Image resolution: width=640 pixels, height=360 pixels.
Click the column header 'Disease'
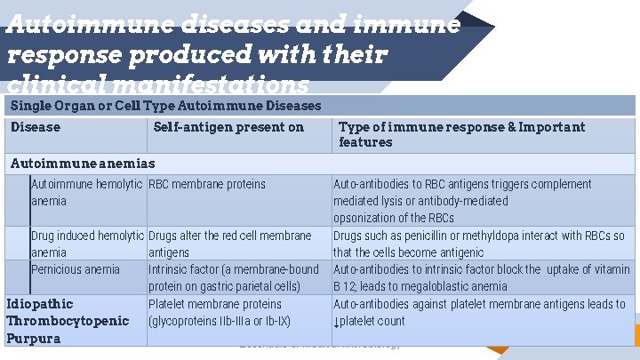point(36,127)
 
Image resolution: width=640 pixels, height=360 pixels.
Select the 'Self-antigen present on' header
point(228,127)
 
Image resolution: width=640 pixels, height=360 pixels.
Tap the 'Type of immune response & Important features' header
point(461,134)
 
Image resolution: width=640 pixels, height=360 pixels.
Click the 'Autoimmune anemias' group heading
point(82,163)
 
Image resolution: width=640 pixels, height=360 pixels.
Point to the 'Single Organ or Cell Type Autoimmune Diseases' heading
point(165,106)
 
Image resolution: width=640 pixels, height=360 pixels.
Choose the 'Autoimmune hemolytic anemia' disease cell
point(86,192)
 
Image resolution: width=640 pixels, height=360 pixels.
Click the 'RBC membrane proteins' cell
point(207,184)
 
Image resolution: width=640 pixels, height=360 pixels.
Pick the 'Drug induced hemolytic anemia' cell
point(87,244)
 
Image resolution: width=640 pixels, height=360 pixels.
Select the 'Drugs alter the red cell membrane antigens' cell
point(229,244)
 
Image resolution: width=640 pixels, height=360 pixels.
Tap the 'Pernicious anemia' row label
point(76,269)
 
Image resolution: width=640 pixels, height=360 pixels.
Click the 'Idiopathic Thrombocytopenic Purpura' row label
point(68,321)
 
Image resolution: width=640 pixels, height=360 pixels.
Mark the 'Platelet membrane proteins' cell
point(215,304)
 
